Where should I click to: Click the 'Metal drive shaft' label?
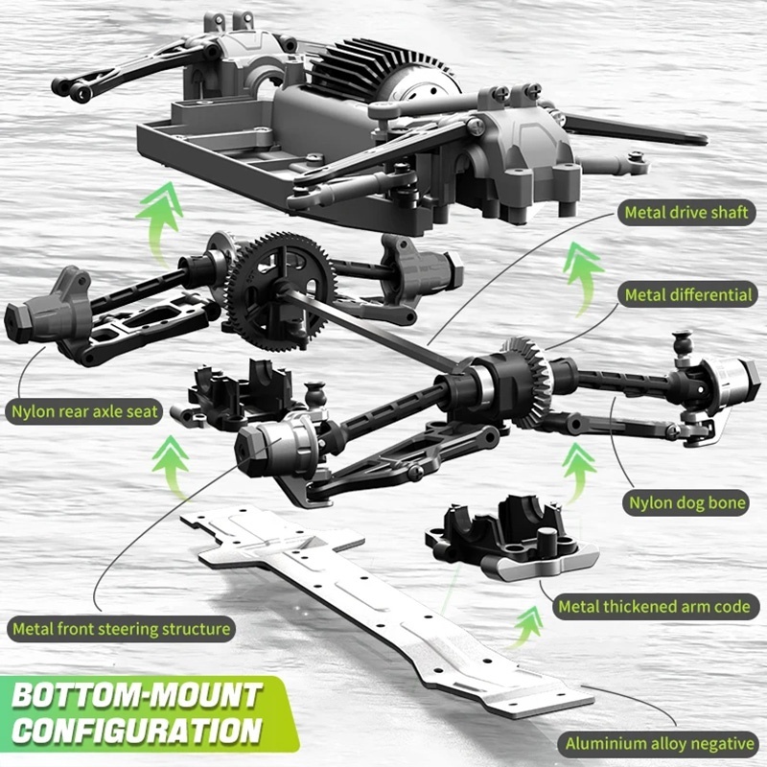(686, 212)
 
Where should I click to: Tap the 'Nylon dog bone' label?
(686, 502)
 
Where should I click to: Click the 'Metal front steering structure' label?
(122, 629)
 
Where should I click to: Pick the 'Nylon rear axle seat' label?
(84, 411)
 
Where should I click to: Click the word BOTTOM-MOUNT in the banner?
(137, 695)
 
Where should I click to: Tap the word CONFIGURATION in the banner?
(137, 731)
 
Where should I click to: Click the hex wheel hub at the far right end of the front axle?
(733, 377)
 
